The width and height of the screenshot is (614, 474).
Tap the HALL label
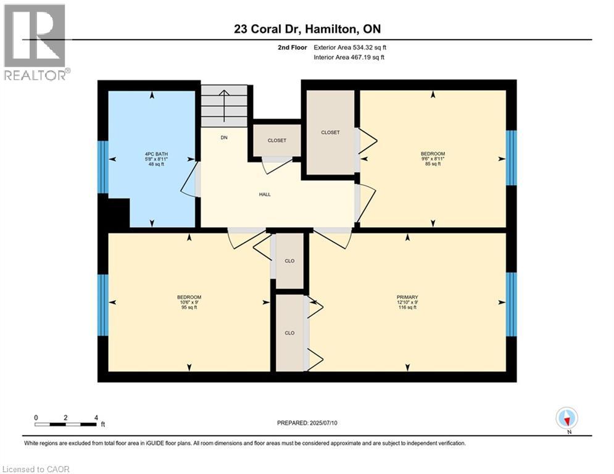click(x=265, y=194)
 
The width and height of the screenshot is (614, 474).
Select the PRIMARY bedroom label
click(x=407, y=297)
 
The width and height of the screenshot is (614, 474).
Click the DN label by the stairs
click(x=225, y=138)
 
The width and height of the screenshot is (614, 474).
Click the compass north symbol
click(x=566, y=419)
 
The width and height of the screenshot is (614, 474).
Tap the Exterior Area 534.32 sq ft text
click(x=350, y=47)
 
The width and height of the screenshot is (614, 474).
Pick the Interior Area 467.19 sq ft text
click(x=349, y=57)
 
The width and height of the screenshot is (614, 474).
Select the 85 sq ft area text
click(x=432, y=164)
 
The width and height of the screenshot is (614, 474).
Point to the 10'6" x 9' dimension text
click(x=189, y=302)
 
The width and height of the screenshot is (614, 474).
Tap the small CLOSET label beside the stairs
click(x=277, y=141)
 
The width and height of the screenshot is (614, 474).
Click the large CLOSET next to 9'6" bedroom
click(x=330, y=132)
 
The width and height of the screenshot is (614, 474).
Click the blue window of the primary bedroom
click(x=511, y=304)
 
